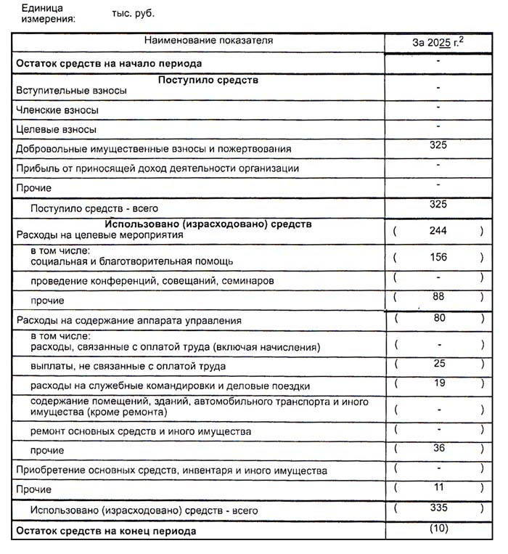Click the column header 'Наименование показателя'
(198, 41)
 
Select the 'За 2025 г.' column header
(435, 42)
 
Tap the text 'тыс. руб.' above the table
(133, 13)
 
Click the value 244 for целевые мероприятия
(438, 231)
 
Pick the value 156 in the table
(438, 257)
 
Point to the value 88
(438, 296)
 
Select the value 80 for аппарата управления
(439, 317)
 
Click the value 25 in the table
(439, 362)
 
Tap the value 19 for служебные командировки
(439, 383)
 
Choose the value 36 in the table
(439, 448)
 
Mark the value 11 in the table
(438, 486)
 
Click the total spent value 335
(438, 507)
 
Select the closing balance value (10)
(439, 528)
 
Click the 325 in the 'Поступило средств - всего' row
(438, 204)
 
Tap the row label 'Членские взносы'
(57, 110)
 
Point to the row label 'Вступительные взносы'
(71, 91)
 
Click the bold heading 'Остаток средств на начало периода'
(109, 64)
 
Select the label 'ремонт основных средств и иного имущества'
(141, 431)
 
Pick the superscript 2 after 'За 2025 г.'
(460, 38)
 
